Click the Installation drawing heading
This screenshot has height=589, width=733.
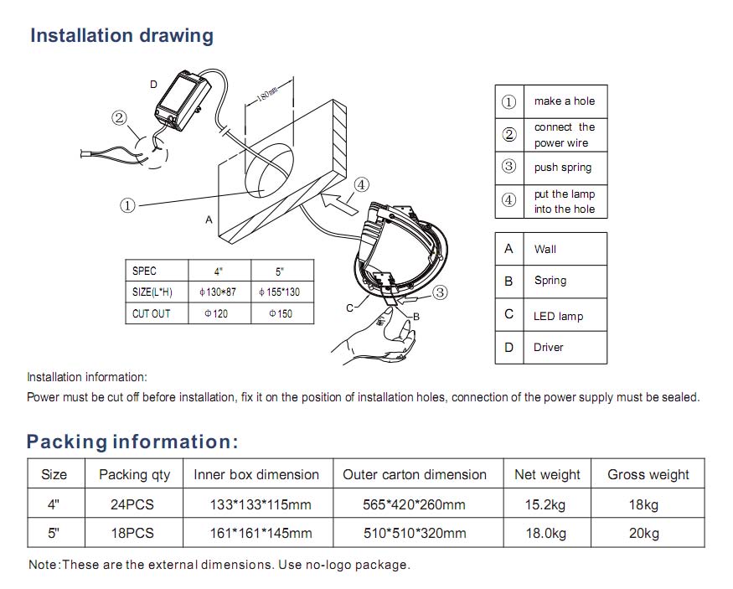point(121,36)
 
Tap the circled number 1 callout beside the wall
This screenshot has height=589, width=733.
point(127,205)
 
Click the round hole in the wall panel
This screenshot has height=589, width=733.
point(269,169)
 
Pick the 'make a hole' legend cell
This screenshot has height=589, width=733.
point(564,101)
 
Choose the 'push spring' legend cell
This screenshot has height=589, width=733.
point(563,168)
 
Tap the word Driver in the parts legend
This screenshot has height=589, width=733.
point(549,347)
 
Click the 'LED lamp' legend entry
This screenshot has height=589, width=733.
point(558,316)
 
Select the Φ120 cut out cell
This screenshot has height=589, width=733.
point(215,313)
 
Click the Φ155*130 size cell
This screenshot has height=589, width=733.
point(280,292)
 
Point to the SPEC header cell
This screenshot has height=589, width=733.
point(144,271)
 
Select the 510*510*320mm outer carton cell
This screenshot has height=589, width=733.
point(416,533)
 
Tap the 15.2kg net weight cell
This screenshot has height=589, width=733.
point(547,504)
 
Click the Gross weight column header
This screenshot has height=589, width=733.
point(648,474)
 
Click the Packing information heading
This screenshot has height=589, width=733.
point(132,442)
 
